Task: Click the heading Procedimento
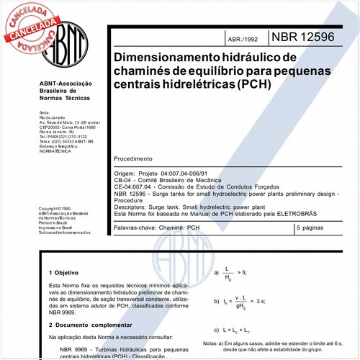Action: coord(134,158)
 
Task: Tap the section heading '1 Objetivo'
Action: coord(62,274)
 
